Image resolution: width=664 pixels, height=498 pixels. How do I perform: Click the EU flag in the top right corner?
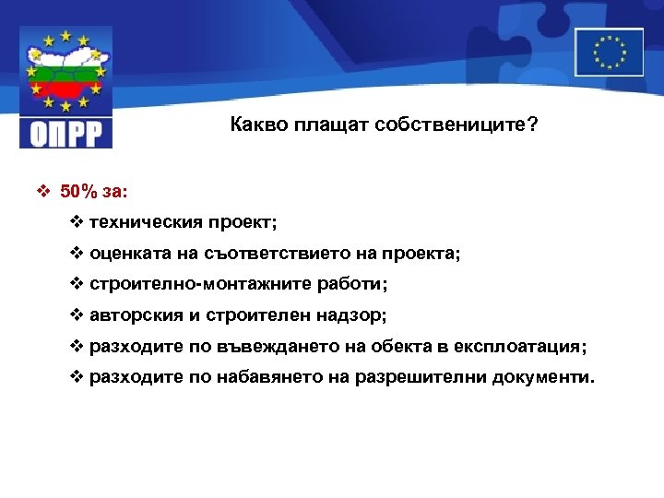pyautogui.click(x=609, y=52)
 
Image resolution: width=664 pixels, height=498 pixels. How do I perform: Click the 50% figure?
pyautogui.click(x=78, y=192)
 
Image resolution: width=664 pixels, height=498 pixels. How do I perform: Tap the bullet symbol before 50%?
pyautogui.click(x=42, y=192)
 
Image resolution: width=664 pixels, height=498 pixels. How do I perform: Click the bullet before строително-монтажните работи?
pyautogui.click(x=77, y=284)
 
